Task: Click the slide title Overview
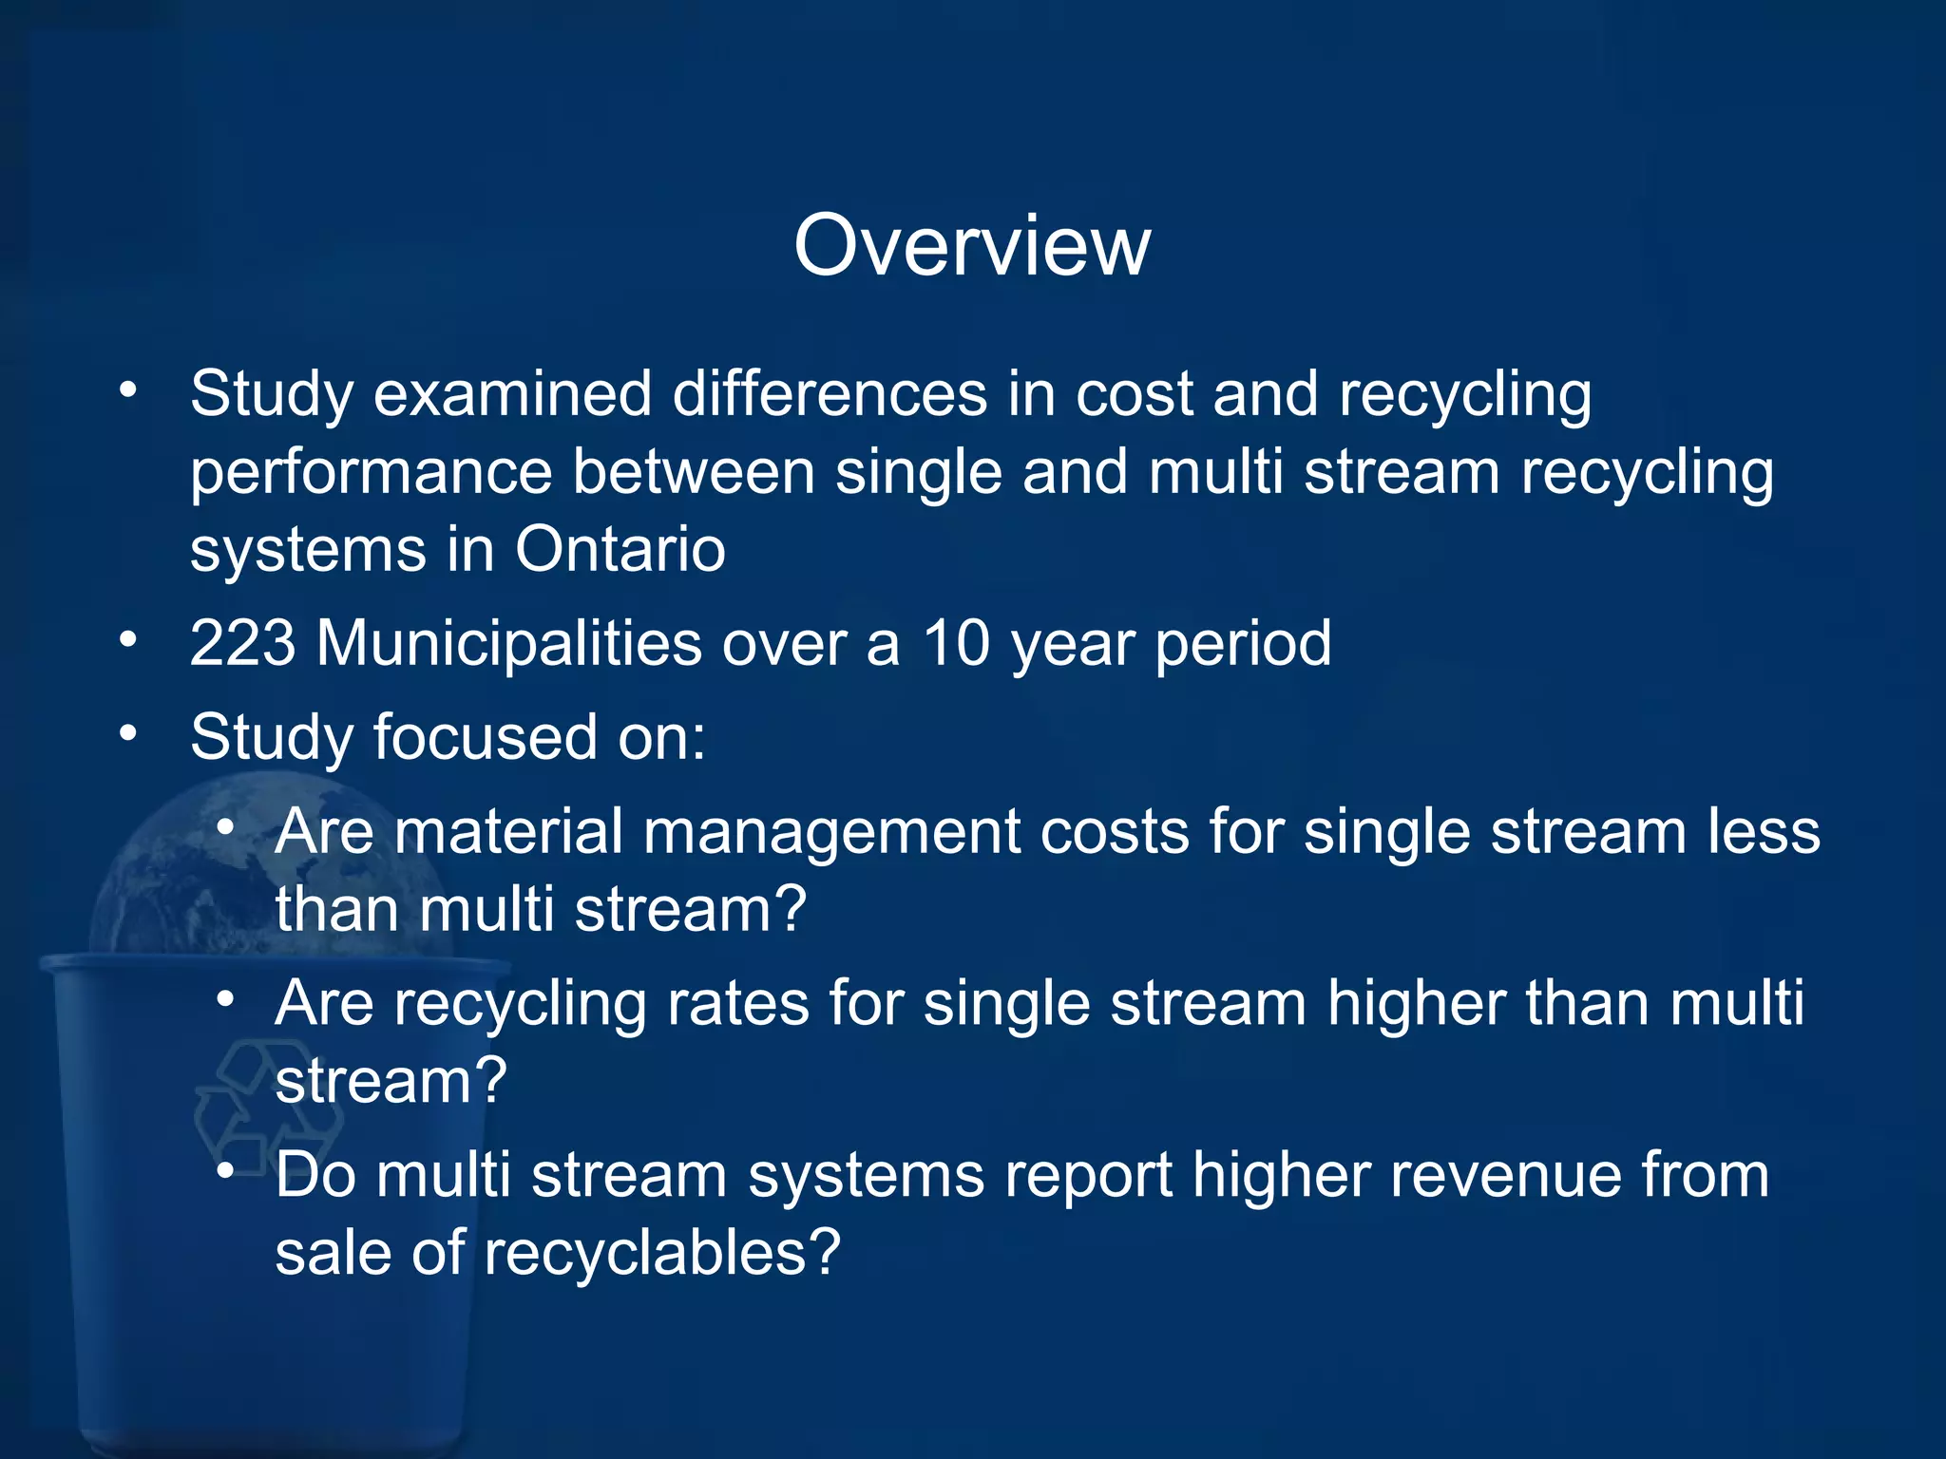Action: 972,246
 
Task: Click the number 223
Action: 242,645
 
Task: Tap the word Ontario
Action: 620,550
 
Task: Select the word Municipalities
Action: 508,645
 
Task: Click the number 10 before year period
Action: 957,645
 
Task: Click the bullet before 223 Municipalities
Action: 128,639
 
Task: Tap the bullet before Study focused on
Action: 128,732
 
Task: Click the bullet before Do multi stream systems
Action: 225,1171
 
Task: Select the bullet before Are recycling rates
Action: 225,999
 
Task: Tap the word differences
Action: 830,394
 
